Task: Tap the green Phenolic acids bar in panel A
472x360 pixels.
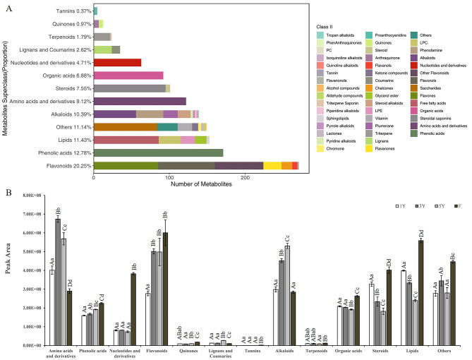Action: tap(158, 152)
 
